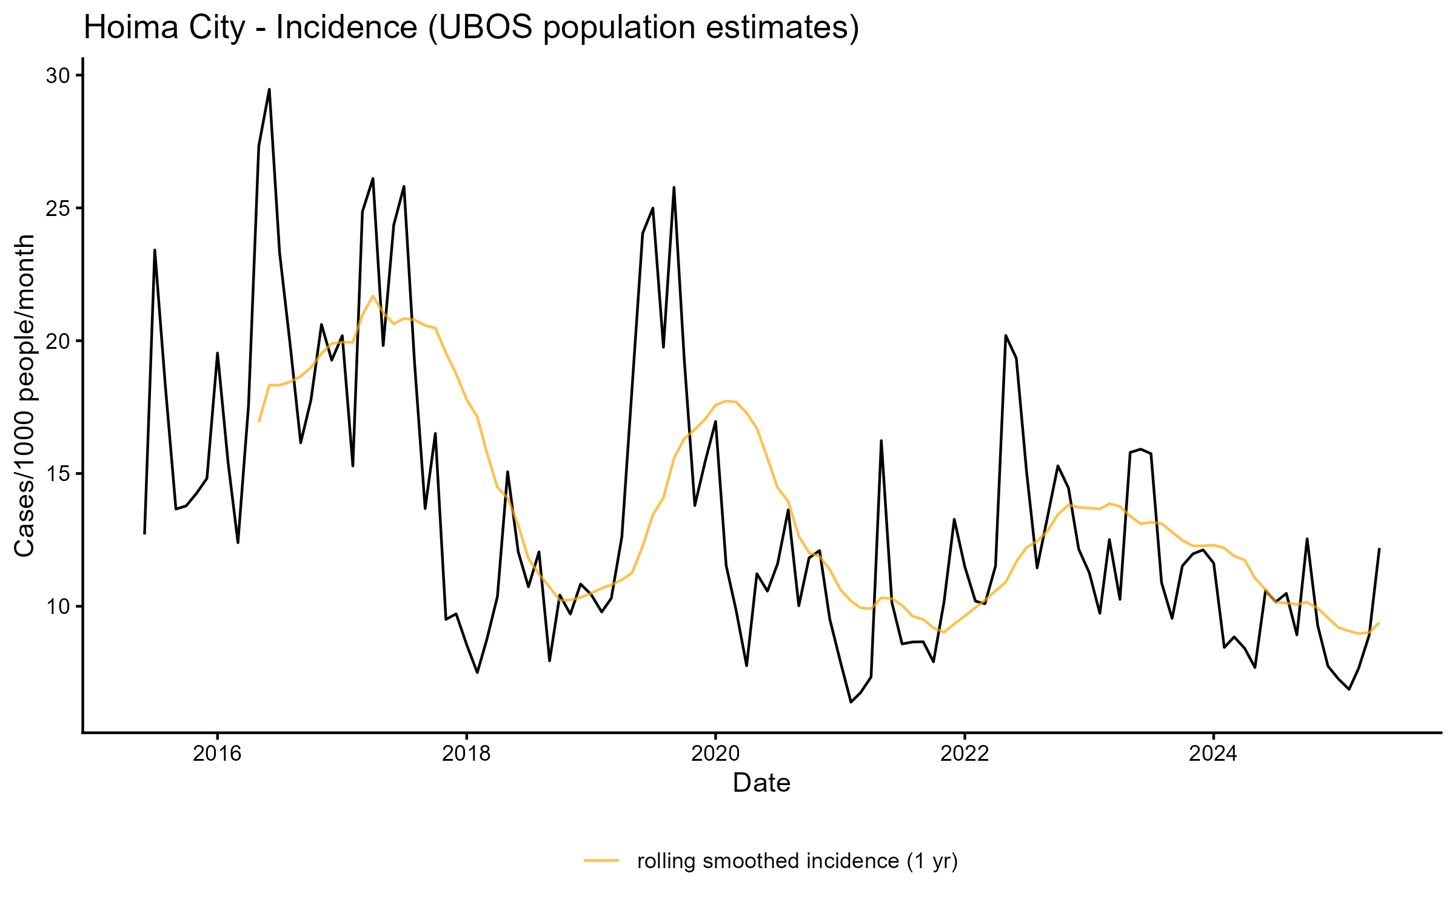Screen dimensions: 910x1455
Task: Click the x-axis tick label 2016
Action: tap(217, 753)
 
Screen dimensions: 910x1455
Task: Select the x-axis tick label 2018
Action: tap(466, 753)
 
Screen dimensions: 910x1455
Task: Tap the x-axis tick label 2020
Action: tap(715, 753)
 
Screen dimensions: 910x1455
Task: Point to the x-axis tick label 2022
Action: tap(965, 753)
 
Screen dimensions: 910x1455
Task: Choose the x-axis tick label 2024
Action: tap(1213, 753)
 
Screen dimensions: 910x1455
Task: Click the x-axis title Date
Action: tap(761, 783)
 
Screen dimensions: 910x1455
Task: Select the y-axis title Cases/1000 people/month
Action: tap(24, 396)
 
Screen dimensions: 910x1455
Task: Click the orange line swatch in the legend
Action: tap(601, 860)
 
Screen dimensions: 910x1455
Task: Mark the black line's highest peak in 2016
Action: tap(269, 90)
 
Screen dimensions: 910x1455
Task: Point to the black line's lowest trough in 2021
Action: tap(851, 702)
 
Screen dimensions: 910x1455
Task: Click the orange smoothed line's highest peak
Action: tap(373, 296)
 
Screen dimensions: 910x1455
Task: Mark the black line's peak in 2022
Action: tap(1006, 335)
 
